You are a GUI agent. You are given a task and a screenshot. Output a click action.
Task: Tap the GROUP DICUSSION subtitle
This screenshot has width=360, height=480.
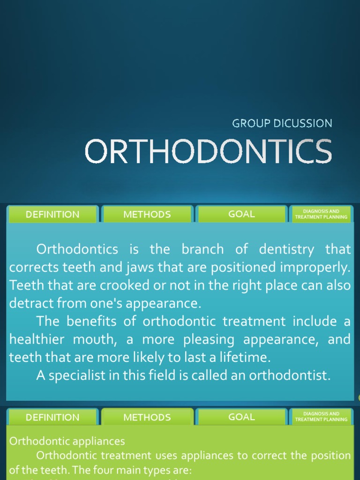pyautogui.click(x=282, y=123)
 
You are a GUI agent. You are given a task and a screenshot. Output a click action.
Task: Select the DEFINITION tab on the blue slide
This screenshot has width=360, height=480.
pyautogui.click(x=52, y=214)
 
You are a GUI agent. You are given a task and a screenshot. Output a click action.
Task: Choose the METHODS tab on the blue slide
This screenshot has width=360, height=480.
pyautogui.click(x=147, y=214)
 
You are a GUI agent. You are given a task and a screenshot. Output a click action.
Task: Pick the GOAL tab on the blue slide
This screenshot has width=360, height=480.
pyautogui.click(x=241, y=214)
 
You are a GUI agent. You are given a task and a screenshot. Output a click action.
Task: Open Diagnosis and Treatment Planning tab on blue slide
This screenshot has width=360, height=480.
pyautogui.click(x=321, y=214)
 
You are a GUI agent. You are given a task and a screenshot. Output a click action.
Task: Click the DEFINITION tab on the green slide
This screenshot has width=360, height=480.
pyautogui.click(x=52, y=417)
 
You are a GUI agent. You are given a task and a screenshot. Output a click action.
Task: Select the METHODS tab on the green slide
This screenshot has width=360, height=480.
pyautogui.click(x=147, y=417)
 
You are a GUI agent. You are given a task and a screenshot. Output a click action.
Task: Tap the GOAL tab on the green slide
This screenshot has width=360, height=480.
pyautogui.click(x=241, y=417)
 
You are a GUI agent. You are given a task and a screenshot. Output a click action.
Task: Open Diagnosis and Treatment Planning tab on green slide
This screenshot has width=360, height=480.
pyautogui.click(x=321, y=417)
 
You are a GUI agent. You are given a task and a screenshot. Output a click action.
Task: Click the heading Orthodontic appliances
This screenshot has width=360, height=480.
pyautogui.click(x=67, y=441)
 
